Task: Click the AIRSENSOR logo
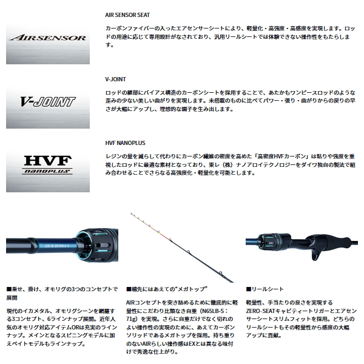[48, 38]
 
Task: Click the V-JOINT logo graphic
[48, 101]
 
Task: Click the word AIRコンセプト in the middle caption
[144, 301]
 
